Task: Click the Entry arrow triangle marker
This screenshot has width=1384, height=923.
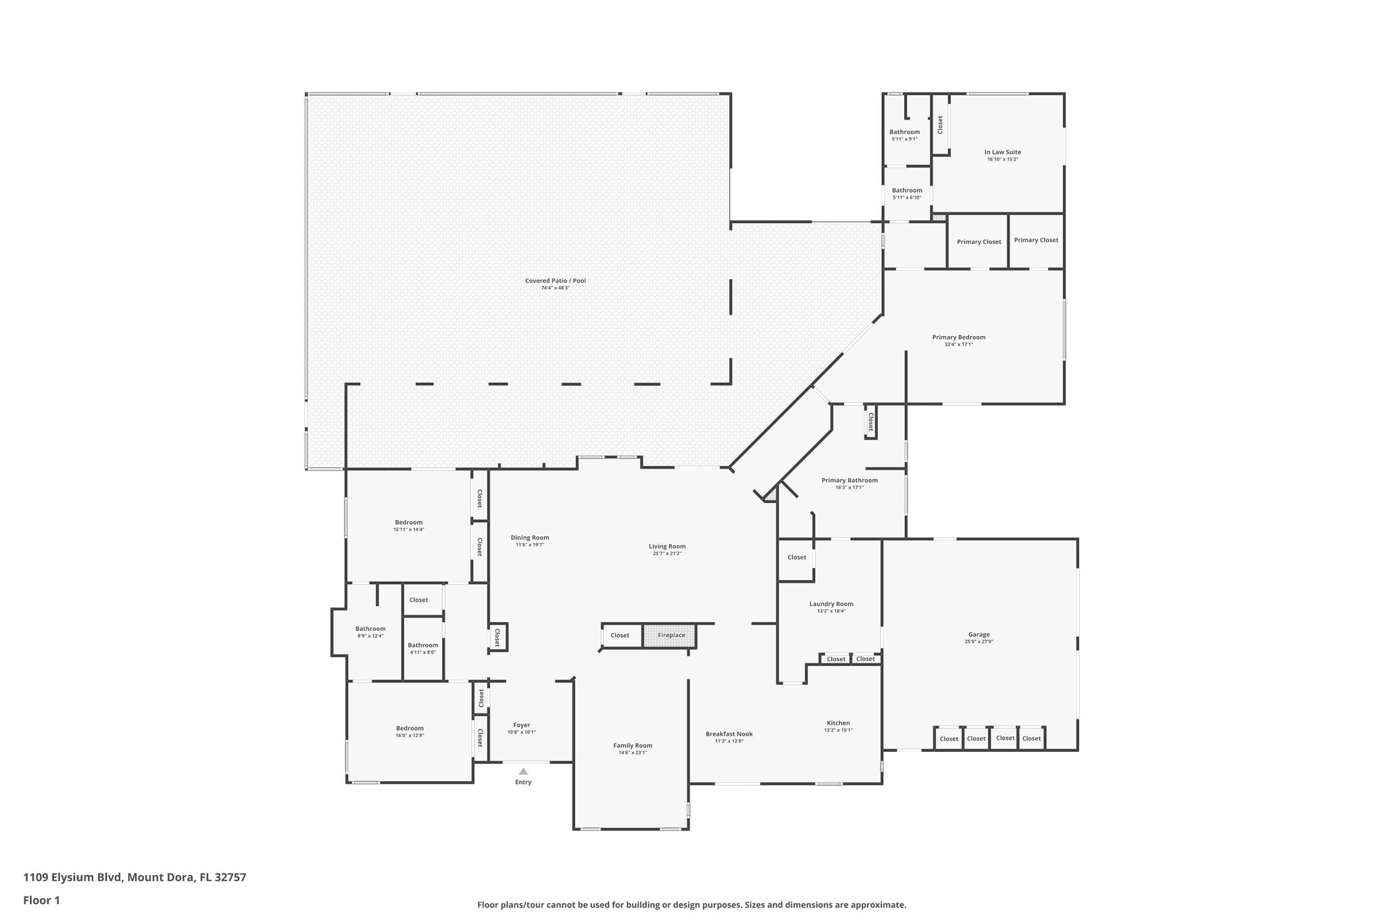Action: coord(523,771)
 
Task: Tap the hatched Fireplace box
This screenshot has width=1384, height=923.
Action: coord(669,636)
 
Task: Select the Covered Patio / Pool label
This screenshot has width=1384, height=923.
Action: coord(555,281)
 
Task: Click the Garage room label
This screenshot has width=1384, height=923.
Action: coord(979,634)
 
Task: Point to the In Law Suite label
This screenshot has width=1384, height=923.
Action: coord(1002,152)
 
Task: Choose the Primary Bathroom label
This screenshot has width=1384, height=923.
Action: coord(849,480)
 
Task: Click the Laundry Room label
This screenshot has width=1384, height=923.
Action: coord(831,604)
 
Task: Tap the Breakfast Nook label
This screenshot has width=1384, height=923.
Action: coord(729,734)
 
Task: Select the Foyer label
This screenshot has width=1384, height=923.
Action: coord(522,725)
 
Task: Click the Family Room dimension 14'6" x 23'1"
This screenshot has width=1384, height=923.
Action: coord(633,753)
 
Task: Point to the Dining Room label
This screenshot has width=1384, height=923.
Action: coord(530,538)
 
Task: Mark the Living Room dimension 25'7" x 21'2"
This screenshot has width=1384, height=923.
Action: coord(667,553)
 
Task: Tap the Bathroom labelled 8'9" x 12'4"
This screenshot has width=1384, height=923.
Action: coord(370,629)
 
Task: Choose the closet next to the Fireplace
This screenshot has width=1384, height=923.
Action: coord(620,635)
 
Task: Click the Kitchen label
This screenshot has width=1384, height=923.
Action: coord(838,723)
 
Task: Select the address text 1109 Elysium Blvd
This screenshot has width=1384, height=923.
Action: coord(73,878)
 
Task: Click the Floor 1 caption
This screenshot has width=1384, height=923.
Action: coord(42,900)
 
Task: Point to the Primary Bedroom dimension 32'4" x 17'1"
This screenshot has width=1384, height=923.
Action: coord(958,344)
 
